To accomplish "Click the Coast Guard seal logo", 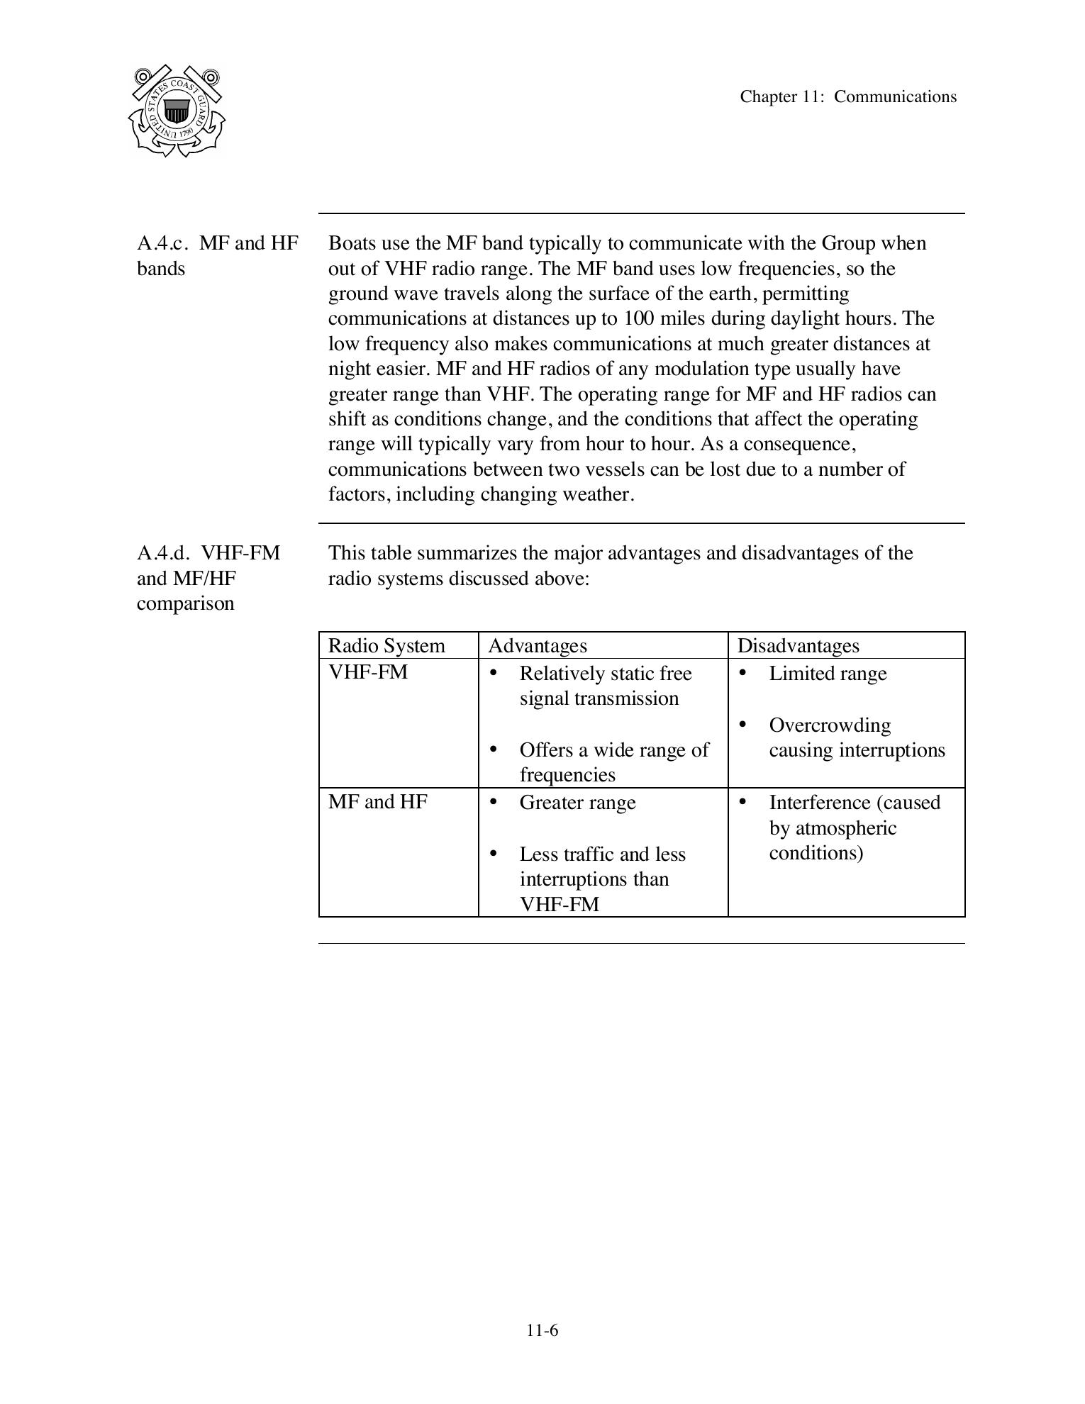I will pos(177,111).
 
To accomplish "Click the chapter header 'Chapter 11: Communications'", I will pos(848,97).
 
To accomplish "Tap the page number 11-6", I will pos(542,1330).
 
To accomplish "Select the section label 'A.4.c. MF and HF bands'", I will pos(218,256).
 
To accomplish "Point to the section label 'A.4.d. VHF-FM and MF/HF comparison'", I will pos(208,578).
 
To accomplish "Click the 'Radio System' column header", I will pos(386,646).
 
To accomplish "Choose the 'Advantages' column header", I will pos(538,646).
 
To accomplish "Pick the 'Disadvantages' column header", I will pos(798,646).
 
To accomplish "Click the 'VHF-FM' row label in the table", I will pos(368,672).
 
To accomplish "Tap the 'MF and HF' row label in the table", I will pos(378,802).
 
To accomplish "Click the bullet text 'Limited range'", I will pos(828,674).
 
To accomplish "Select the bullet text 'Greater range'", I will pos(577,803).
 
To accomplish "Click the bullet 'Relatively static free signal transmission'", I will pos(605,686).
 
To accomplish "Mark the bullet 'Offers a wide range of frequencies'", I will pos(613,762).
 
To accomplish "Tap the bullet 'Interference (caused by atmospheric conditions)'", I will pos(854,828).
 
